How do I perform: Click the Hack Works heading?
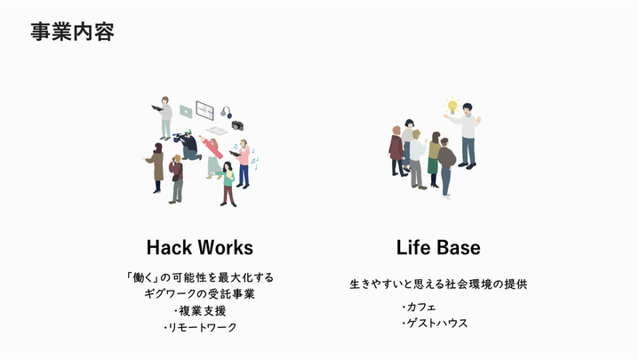point(200,246)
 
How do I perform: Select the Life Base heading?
point(438,246)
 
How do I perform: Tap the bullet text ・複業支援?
point(200,310)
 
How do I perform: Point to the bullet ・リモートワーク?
point(200,327)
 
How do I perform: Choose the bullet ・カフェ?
point(418,307)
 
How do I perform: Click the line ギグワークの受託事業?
point(200,293)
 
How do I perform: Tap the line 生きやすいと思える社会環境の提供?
point(438,284)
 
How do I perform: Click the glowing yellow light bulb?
point(452,106)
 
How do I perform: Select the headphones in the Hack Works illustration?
point(226,113)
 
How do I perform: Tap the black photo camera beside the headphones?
point(238,125)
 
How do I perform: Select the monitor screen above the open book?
point(204,111)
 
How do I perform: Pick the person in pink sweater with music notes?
point(243,164)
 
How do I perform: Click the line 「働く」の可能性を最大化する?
point(200,276)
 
